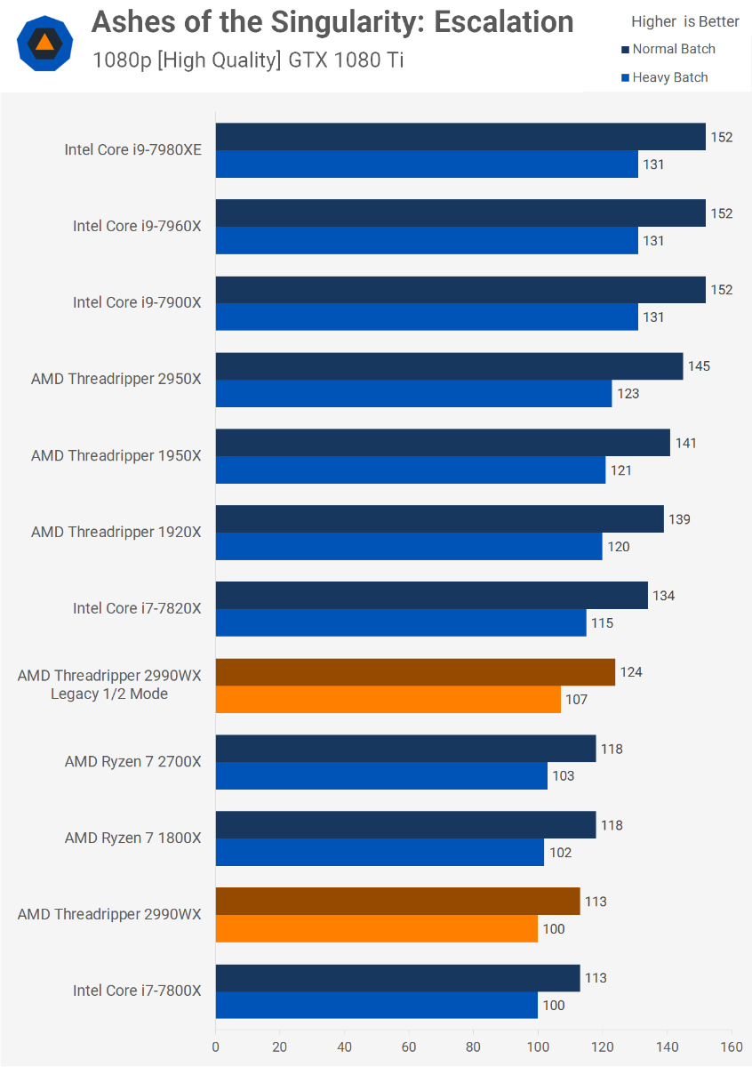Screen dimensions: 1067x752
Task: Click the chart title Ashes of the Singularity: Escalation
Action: [332, 22]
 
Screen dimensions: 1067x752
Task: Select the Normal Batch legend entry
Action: [673, 49]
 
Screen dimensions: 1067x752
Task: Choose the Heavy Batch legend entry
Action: [669, 77]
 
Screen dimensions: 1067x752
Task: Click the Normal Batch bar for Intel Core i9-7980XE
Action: [460, 137]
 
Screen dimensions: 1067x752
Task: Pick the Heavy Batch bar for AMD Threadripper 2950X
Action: [413, 394]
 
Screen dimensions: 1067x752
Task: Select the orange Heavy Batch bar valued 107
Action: [388, 700]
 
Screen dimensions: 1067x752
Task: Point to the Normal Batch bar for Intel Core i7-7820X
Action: [431, 596]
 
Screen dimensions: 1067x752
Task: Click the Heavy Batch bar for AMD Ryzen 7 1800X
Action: [380, 853]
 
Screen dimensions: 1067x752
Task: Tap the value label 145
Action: [699, 366]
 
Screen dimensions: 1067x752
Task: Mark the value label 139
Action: [679, 519]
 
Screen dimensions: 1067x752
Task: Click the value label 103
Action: [563, 776]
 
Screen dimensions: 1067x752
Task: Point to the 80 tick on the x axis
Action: [474, 1047]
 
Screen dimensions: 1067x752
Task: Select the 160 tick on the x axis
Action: [732, 1047]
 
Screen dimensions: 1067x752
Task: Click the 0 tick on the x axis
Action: [216, 1047]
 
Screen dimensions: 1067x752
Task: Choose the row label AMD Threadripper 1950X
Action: [116, 456]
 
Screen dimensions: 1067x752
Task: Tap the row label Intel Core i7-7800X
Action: [137, 991]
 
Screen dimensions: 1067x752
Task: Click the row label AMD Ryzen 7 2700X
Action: [133, 762]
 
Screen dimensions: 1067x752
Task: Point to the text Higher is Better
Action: [684, 21]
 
